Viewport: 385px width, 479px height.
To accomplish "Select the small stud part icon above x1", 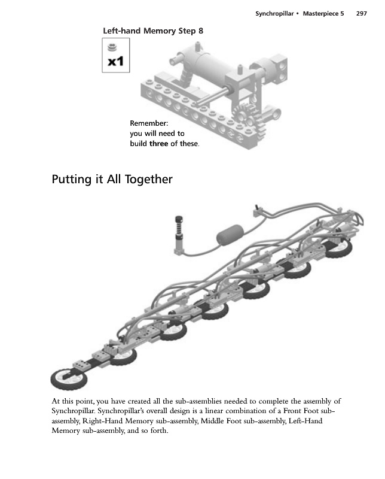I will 111,47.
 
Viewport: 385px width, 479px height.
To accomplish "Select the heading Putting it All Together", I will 112,179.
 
